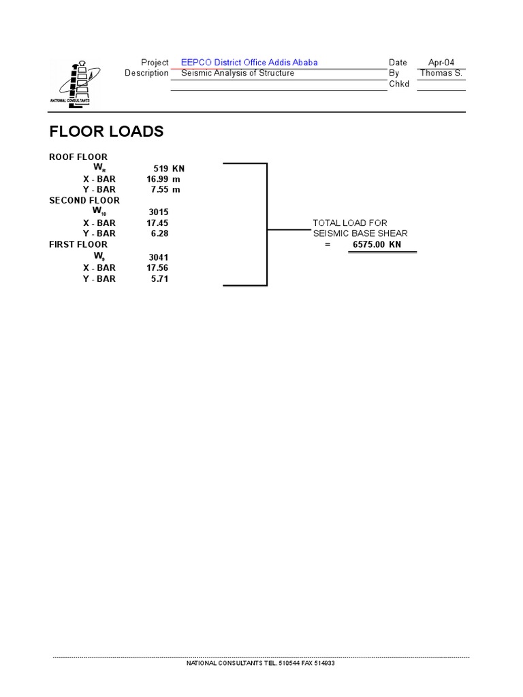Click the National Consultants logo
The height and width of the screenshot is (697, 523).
(74, 84)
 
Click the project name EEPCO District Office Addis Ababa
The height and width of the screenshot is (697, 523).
(249, 63)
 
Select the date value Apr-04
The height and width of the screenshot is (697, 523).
(441, 63)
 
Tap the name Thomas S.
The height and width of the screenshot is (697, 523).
(441, 73)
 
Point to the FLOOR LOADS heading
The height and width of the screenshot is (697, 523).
(106, 131)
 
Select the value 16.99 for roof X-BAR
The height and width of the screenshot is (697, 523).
(157, 178)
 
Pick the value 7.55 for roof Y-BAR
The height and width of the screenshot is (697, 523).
(159, 189)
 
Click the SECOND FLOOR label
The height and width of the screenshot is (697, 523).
(84, 200)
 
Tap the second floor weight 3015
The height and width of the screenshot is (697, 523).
(158, 212)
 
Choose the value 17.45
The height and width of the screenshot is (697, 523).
(157, 223)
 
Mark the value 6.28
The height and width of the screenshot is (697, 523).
(159, 233)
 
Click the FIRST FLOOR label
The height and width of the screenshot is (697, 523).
(78, 244)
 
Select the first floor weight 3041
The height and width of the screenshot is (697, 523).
(158, 257)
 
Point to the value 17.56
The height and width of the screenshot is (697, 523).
(157, 268)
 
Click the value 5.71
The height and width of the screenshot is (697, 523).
(159, 278)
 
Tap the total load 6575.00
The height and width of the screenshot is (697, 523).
(368, 244)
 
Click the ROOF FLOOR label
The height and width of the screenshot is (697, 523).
(78, 157)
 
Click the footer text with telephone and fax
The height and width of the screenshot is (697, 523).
(261, 663)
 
